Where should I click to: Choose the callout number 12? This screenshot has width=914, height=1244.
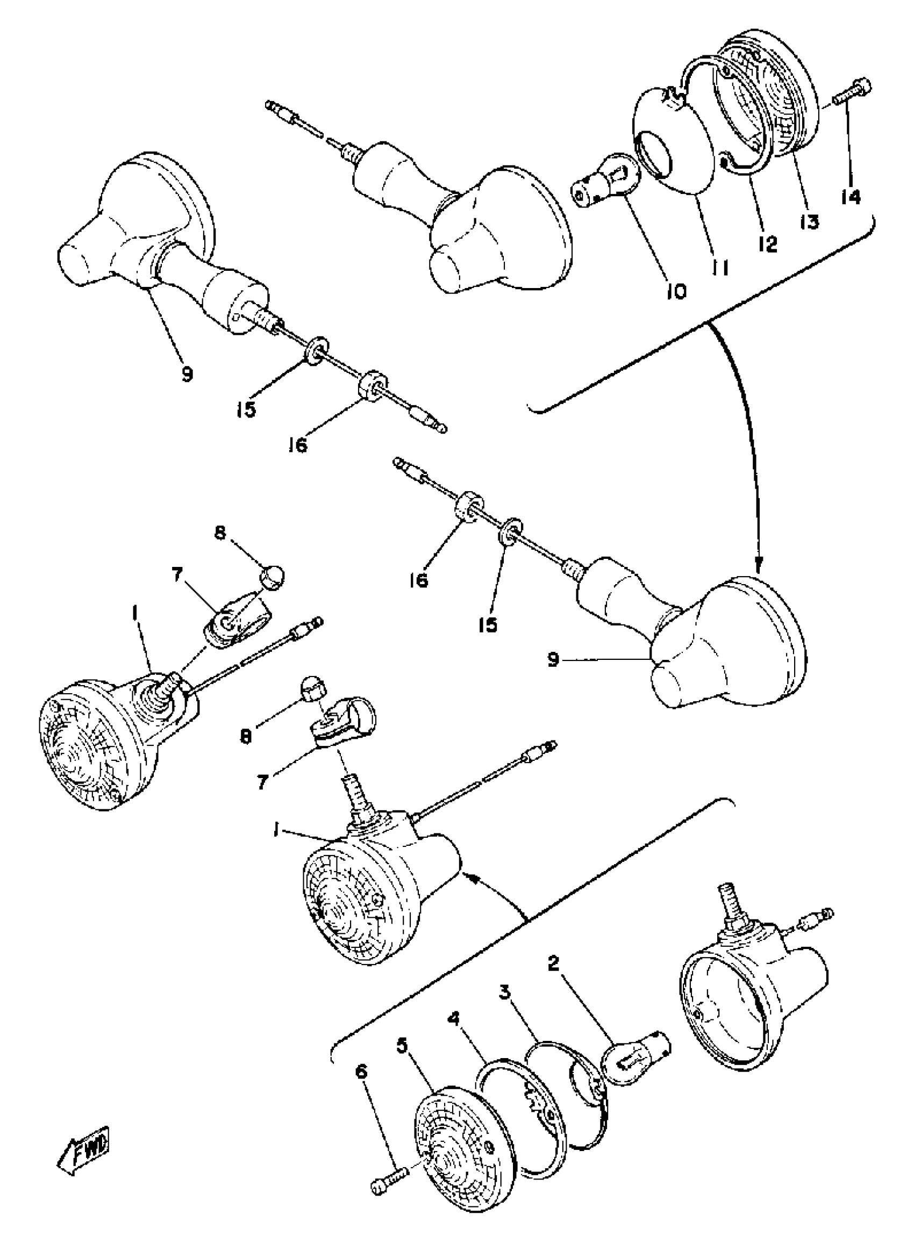[768, 243]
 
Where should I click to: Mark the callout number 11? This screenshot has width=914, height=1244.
[719, 268]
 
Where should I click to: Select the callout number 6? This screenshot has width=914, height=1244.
[361, 1072]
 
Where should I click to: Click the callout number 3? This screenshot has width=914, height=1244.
[504, 993]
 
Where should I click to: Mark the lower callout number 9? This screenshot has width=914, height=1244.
[553, 659]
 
